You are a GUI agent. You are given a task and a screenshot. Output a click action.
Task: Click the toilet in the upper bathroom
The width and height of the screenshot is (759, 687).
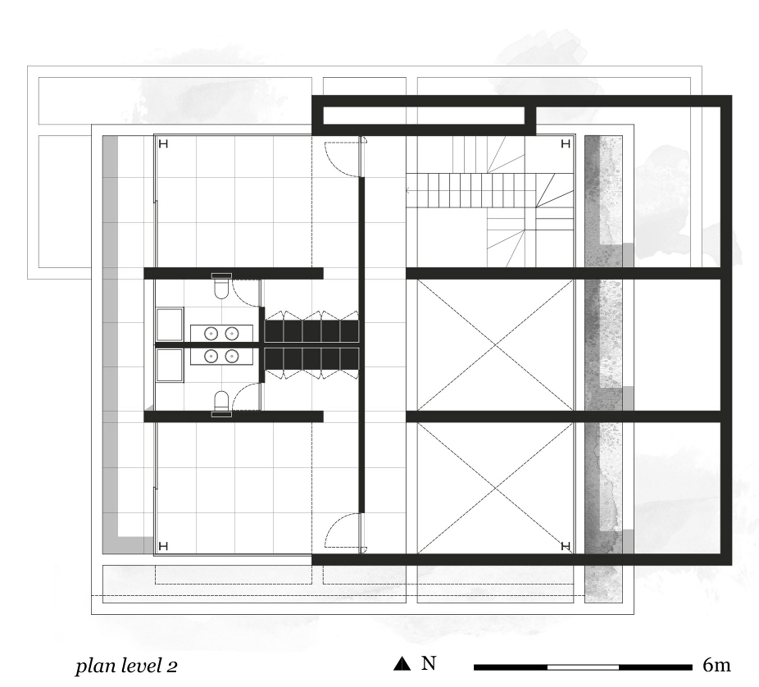[221, 288]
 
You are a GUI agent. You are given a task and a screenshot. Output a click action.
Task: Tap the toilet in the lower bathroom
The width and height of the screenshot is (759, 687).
[221, 401]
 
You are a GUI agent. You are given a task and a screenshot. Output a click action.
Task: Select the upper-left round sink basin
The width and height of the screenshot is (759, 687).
[211, 333]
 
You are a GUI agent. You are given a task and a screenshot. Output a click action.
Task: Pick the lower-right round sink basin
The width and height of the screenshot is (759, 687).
[232, 356]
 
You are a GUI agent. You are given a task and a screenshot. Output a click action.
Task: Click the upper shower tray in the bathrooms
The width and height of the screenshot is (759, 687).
[169, 324]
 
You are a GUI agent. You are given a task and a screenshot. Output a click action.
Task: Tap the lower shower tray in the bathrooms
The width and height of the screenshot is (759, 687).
[169, 365]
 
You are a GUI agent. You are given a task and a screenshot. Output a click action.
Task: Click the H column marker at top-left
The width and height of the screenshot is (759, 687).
[163, 144]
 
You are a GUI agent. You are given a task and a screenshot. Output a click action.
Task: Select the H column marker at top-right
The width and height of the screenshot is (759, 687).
[565, 144]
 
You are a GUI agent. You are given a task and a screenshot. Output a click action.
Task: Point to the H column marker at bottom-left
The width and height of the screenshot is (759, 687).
[163, 546]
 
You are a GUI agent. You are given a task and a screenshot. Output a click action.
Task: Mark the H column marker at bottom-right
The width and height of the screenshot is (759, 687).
[565, 546]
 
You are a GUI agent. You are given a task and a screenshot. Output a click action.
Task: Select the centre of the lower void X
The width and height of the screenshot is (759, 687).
[495, 488]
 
